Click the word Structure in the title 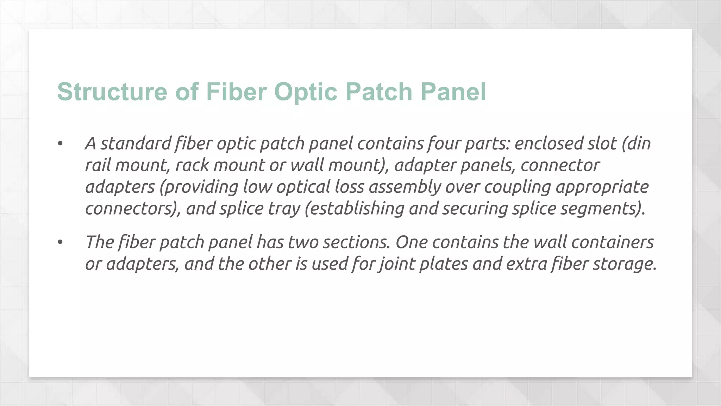112,92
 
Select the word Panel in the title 453,92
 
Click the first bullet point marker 60,143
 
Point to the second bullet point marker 60,242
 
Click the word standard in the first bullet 136,143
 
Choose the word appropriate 602,187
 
